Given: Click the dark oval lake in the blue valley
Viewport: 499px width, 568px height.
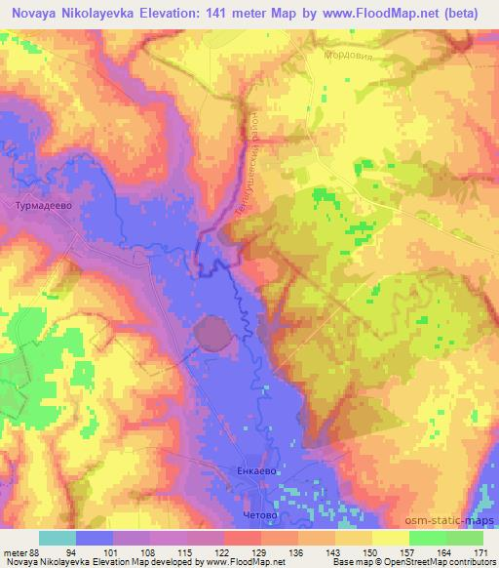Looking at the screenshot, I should tap(213, 334).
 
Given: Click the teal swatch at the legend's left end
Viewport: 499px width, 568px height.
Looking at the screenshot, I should tap(57, 539).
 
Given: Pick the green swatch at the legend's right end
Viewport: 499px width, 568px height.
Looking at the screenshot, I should tap(464, 539).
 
